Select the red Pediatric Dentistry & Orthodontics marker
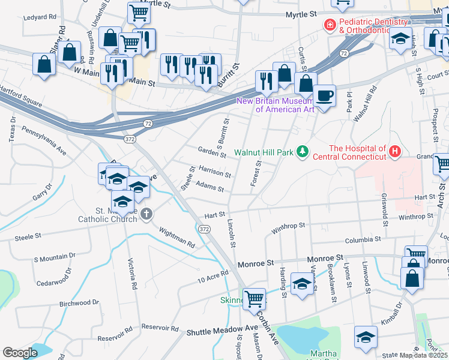coord(329,25)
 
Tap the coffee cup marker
coord(324,97)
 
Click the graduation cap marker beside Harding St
coord(303,283)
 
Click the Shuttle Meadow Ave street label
coord(221,331)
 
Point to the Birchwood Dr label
coord(79,303)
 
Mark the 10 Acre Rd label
coord(214,277)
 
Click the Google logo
coord(20,353)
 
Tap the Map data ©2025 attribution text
coord(424,355)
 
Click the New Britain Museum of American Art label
coord(276,105)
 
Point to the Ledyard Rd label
coord(39,17)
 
